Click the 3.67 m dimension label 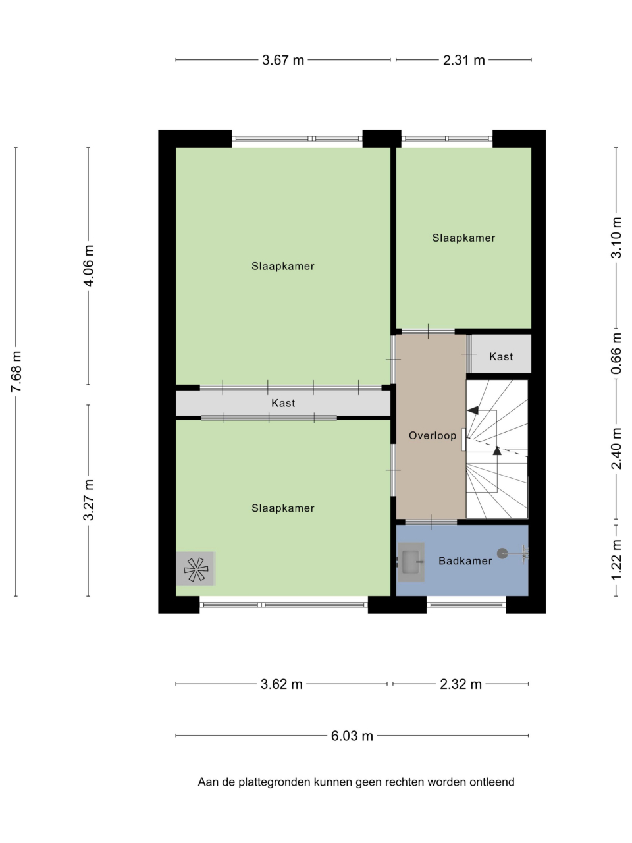[x=283, y=61]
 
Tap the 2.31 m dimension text [x=464, y=61]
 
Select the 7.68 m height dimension [x=16, y=371]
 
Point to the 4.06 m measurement [x=89, y=266]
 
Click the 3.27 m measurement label [x=89, y=500]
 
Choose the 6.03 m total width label [x=352, y=736]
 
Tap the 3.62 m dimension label [x=281, y=684]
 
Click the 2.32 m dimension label [x=460, y=684]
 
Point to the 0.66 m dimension [x=616, y=353]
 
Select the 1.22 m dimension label [x=616, y=560]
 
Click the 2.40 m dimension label [x=616, y=449]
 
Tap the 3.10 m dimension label [x=616, y=238]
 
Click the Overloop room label [x=433, y=435]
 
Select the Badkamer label [x=465, y=561]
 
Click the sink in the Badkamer [x=411, y=562]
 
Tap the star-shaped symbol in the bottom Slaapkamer [x=196, y=569]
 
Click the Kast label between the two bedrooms [x=283, y=403]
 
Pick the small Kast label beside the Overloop [x=501, y=357]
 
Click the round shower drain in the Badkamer [x=502, y=553]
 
